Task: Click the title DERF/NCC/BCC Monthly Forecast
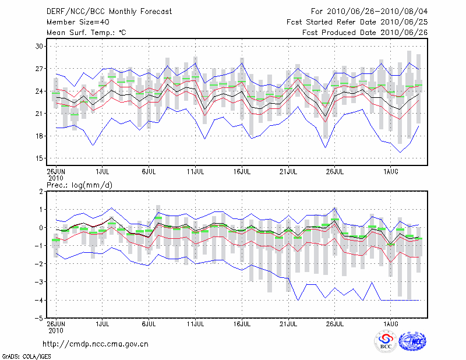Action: click(x=109, y=12)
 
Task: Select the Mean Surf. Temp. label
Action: click(x=86, y=33)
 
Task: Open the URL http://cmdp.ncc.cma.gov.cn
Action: click(x=96, y=344)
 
